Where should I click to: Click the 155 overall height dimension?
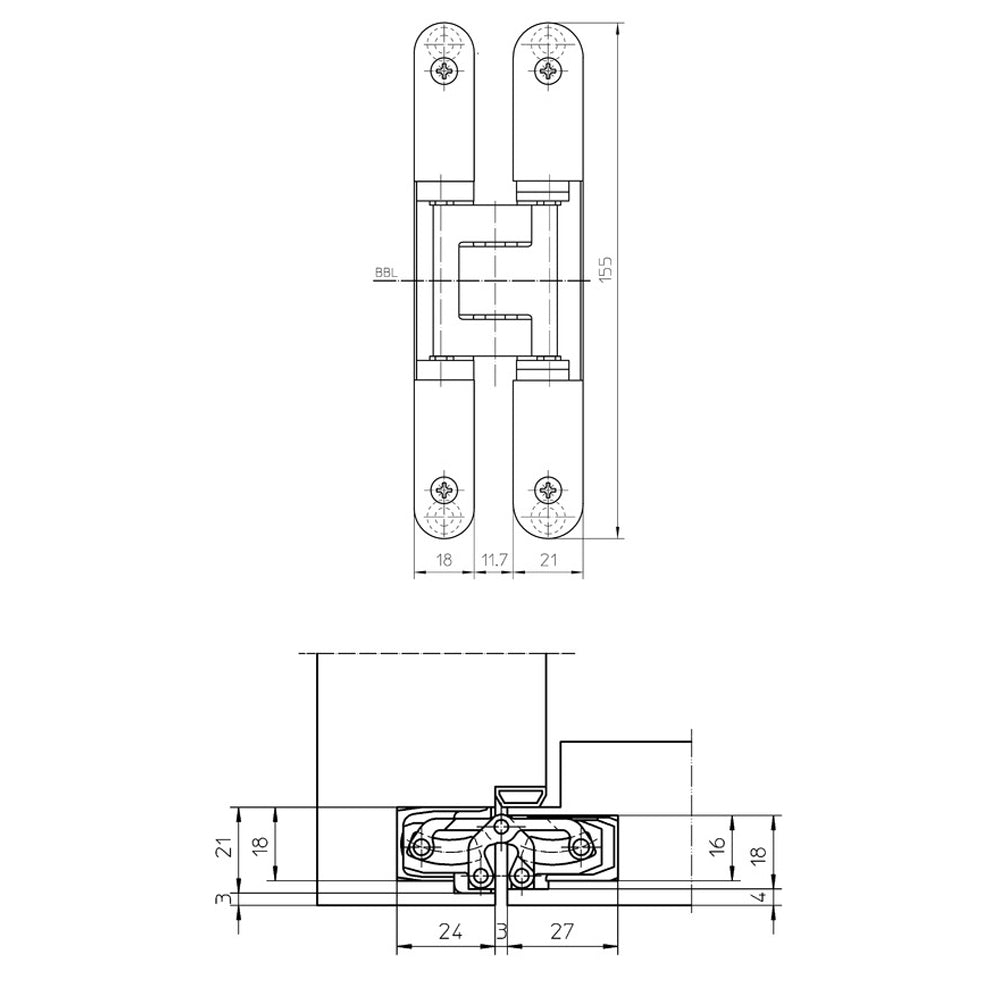tap(605, 268)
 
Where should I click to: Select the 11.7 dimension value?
tap(493, 561)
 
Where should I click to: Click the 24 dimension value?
tap(451, 932)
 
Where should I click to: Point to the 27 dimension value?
tap(562, 932)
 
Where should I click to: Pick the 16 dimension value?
tap(716, 844)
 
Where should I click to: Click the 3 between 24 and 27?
tap(502, 932)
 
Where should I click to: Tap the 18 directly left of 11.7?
tap(445, 561)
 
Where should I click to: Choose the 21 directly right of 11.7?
tap(548, 561)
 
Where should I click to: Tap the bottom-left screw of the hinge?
tap(445, 490)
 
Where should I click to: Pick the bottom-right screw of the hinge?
tap(548, 490)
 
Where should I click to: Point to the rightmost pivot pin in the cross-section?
tap(583, 848)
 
